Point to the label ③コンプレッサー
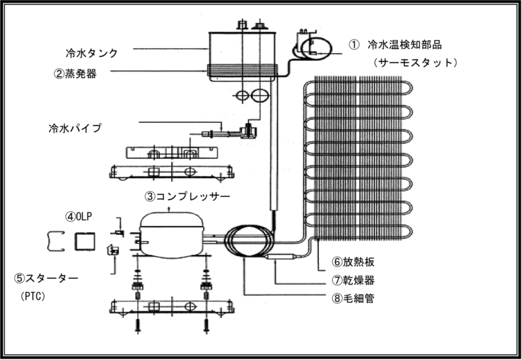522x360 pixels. point(187,196)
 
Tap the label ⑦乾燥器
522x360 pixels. point(354,280)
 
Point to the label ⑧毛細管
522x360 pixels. point(354,298)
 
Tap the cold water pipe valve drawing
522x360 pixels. point(249,129)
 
